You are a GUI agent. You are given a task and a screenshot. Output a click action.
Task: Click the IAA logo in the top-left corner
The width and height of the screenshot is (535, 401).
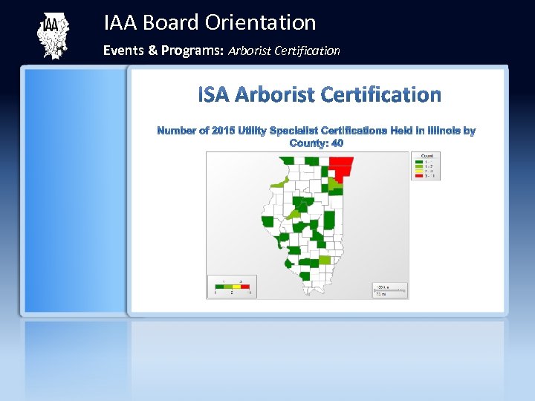[x=52, y=36]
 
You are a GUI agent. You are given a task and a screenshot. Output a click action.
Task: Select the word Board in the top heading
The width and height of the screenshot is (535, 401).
[x=171, y=23]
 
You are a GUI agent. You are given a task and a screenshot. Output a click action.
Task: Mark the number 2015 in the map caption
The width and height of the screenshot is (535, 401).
[x=223, y=131]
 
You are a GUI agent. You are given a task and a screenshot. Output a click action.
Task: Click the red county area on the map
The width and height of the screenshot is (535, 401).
[x=343, y=167]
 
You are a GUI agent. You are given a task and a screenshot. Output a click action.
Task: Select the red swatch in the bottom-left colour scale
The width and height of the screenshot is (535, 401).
[x=245, y=286]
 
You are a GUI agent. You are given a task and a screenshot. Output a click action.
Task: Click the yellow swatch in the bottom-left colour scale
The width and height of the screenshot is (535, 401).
[x=237, y=286]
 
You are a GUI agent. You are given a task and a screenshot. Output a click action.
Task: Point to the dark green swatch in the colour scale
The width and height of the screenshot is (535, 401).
[x=219, y=286]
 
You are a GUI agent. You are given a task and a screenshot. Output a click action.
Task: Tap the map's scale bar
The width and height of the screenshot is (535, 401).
[x=389, y=289]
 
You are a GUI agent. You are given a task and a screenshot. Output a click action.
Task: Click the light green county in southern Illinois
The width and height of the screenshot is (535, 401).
[x=325, y=261]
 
